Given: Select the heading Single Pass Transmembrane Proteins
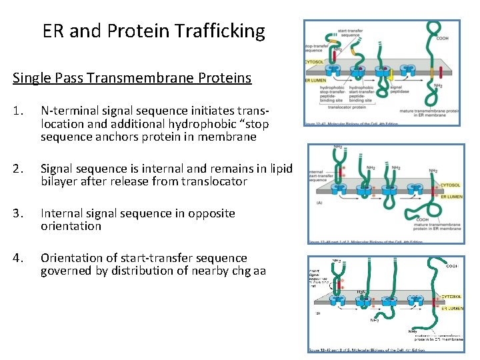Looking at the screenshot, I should pos(132,78).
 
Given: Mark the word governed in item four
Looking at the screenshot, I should pos(66,270).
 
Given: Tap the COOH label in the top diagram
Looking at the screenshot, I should pos(442,39).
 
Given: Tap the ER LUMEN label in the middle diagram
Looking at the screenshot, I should pos(451,197).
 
